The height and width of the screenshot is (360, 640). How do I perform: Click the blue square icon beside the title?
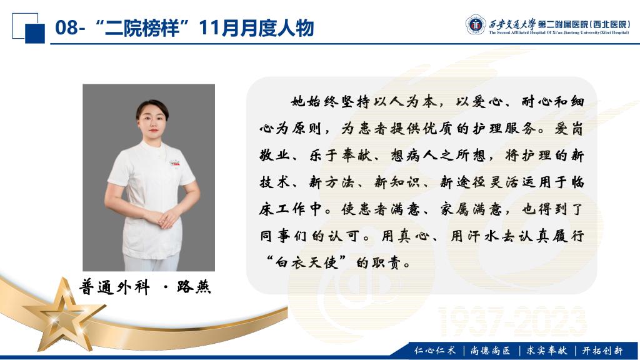(35, 33)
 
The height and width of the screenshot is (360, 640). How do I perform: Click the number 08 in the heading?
(66, 27)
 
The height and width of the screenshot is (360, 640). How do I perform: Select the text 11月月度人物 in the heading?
(256, 27)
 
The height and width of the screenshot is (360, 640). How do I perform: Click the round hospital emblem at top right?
(476, 24)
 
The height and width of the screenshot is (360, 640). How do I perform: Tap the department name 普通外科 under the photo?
(115, 287)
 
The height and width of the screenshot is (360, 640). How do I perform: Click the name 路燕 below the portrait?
(194, 287)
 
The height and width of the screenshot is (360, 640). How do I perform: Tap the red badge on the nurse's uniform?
(175, 163)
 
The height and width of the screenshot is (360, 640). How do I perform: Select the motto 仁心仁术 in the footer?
(435, 350)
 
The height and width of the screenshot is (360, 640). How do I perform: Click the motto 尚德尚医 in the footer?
(490, 350)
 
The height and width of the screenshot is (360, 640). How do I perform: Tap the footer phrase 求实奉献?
(546, 350)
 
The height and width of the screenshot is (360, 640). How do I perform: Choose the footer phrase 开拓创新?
(602, 350)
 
